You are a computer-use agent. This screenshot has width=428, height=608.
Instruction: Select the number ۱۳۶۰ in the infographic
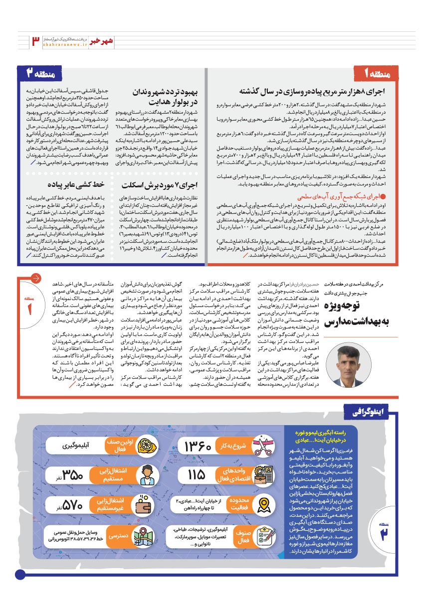point(206,446)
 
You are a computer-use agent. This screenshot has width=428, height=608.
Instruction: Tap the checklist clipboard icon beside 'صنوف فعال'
point(262,536)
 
